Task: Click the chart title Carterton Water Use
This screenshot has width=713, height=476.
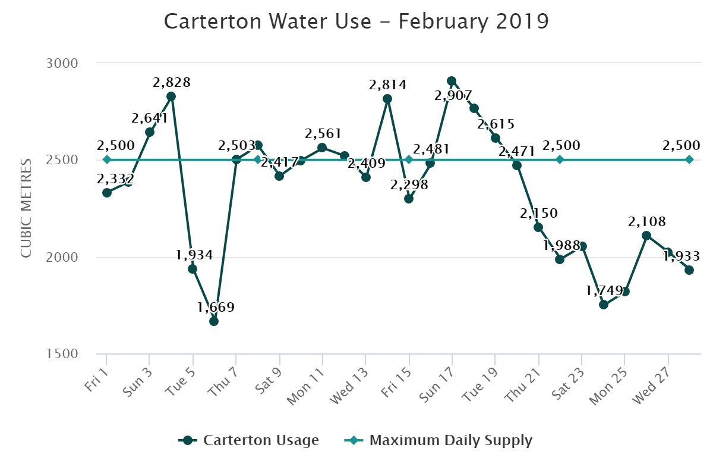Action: tap(356, 21)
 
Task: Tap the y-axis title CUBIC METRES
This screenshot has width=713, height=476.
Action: tap(26, 208)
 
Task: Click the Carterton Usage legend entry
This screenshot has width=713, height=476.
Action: tap(249, 440)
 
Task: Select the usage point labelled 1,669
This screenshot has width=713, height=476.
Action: tap(214, 321)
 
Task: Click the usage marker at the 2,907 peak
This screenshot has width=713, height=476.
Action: tap(452, 81)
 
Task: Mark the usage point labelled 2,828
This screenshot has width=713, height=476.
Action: tap(171, 96)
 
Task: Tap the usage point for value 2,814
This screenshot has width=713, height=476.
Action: tap(387, 99)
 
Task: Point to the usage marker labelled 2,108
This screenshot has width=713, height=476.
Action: tap(646, 236)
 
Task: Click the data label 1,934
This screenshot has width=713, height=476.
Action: tap(194, 255)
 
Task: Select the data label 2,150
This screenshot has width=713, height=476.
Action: tap(539, 213)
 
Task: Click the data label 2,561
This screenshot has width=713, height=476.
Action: tap(323, 133)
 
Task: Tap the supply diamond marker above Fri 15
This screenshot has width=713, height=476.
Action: tap(409, 159)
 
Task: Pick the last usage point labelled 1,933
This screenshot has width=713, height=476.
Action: tap(689, 270)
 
